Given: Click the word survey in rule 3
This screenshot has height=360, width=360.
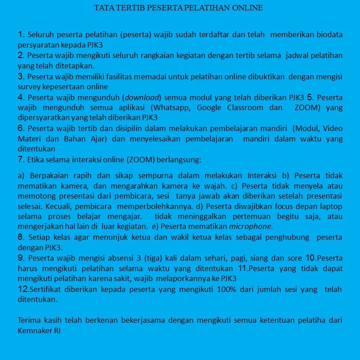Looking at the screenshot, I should coord(29,87).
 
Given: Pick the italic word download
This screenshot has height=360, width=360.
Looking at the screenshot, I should coord(142,97).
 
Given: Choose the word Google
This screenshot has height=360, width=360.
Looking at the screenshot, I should coord(209,108).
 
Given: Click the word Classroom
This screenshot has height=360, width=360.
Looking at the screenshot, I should coord(245,108).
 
